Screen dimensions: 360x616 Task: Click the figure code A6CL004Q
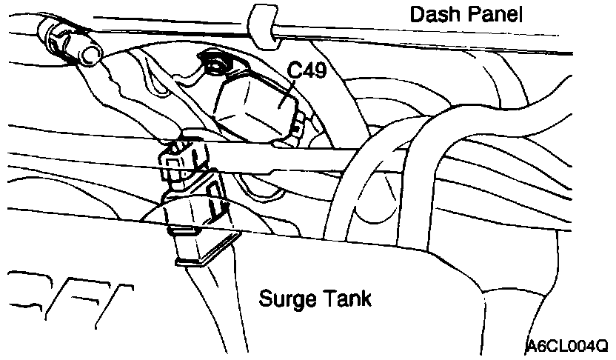568,346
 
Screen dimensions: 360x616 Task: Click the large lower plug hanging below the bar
201,222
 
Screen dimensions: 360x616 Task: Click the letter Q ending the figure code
601,346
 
